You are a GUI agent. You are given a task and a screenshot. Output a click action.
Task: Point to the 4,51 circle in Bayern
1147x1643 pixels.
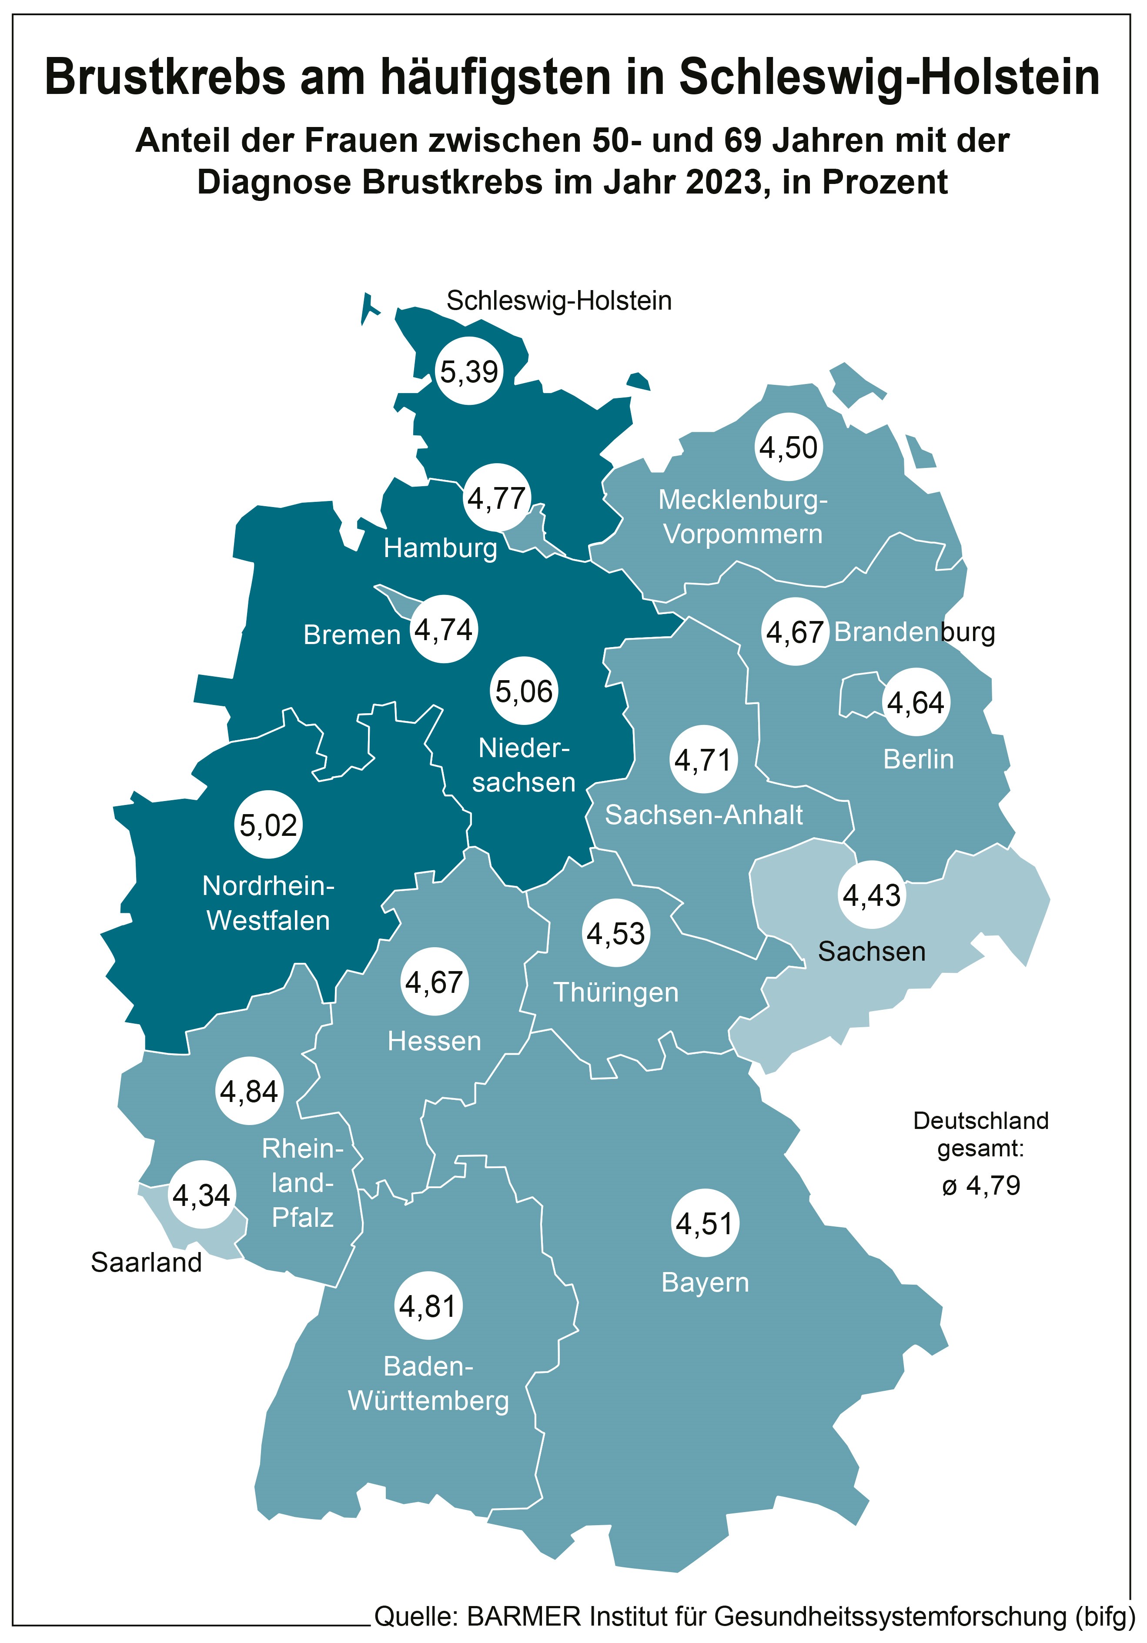pos(704,1224)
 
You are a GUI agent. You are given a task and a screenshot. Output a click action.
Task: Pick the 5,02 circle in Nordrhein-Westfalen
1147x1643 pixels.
pos(268,825)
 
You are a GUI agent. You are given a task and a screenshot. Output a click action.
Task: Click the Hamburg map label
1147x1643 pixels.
pos(440,548)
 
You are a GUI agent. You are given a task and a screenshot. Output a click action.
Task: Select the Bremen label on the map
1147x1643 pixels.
pos(351,635)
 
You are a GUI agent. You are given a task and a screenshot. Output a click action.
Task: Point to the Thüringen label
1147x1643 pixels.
pos(615,992)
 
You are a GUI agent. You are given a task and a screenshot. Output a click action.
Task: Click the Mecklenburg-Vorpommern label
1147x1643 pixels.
pos(743,517)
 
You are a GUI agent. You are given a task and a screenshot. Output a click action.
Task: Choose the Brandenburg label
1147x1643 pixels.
pos(914,632)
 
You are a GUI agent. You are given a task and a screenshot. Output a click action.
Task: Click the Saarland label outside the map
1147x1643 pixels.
pos(146,1263)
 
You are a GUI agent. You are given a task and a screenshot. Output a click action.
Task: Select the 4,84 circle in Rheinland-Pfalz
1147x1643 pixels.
pos(249,1091)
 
